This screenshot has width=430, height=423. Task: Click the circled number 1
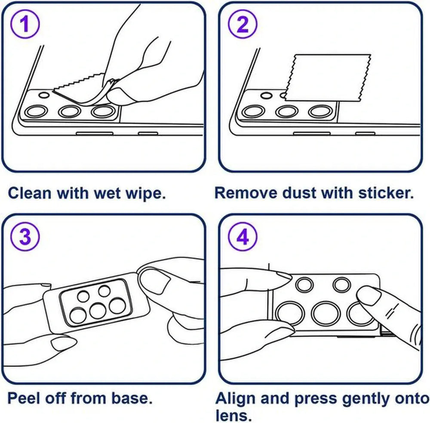point(25,24)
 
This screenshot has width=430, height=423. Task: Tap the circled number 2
point(243,24)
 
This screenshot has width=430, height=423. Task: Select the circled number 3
point(25,236)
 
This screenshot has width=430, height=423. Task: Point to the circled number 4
point(243,236)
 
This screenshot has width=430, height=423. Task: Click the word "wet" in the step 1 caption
point(107,193)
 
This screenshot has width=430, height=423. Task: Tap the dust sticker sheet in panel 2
point(328,77)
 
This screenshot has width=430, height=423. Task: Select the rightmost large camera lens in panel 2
point(320,112)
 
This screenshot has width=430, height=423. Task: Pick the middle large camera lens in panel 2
point(287,112)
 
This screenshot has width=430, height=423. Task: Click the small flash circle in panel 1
point(44,95)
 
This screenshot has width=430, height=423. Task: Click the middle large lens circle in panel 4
point(326,313)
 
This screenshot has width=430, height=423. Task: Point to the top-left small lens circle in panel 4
point(305,284)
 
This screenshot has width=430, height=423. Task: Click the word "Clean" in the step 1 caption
point(30,193)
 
